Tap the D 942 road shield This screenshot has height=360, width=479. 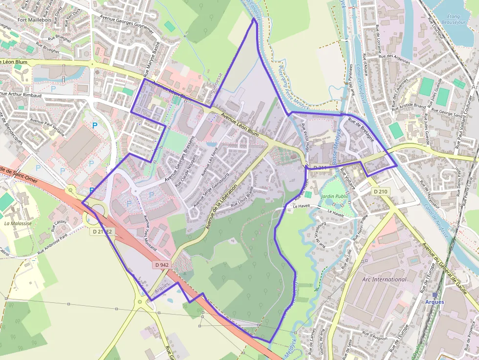[x=162, y=265]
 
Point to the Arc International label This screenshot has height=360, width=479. [x=384, y=279]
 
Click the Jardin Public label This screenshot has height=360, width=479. [x=333, y=196]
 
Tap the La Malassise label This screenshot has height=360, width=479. [x=18, y=223]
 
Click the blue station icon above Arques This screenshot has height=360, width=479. [x=435, y=295]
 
